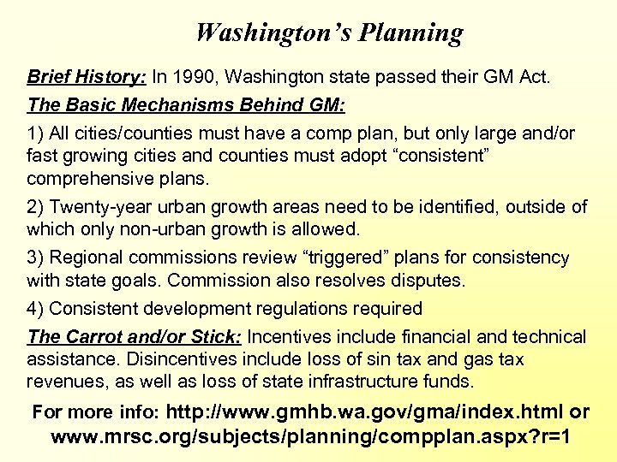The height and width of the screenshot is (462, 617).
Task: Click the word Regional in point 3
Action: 86,258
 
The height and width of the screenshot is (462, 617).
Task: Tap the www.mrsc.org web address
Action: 310,437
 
